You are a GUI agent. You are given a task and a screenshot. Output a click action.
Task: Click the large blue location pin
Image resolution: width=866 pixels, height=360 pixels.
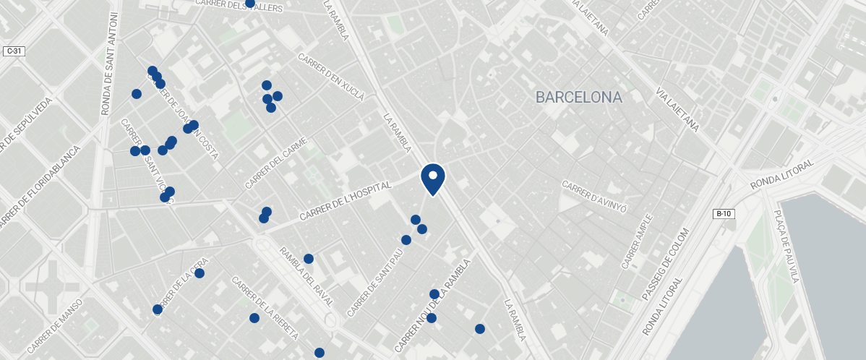tap(432, 178)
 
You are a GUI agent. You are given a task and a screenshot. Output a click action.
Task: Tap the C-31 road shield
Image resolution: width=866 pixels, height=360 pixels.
tap(14, 51)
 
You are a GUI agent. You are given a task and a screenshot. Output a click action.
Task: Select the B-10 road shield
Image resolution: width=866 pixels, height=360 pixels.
tap(724, 213)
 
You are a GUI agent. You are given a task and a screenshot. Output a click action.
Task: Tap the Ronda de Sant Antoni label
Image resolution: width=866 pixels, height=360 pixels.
tap(110, 63)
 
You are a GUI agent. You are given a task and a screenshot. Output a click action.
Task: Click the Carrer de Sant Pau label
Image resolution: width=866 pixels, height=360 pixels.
tap(374, 283)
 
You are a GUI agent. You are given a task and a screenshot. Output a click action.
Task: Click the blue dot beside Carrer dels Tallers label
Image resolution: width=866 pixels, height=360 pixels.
tap(249, 3)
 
